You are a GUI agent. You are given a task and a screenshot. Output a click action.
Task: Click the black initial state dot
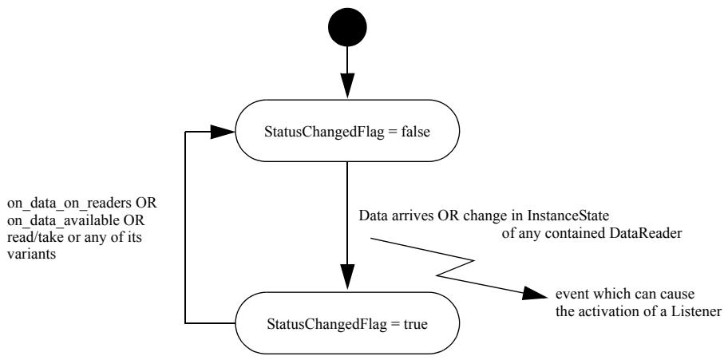347,27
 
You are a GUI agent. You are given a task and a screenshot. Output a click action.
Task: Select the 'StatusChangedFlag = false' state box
347,131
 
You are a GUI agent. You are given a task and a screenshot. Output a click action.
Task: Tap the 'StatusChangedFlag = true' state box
347,323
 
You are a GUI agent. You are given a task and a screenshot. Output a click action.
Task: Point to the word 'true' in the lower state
414,324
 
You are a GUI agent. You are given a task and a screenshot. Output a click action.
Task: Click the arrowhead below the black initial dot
347,85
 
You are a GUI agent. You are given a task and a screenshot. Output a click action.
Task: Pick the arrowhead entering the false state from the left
223,132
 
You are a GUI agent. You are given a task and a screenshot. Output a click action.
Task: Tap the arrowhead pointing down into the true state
347,278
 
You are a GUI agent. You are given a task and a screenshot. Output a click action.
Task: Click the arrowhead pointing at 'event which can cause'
536,294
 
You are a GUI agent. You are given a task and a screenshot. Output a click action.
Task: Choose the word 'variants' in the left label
31,254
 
